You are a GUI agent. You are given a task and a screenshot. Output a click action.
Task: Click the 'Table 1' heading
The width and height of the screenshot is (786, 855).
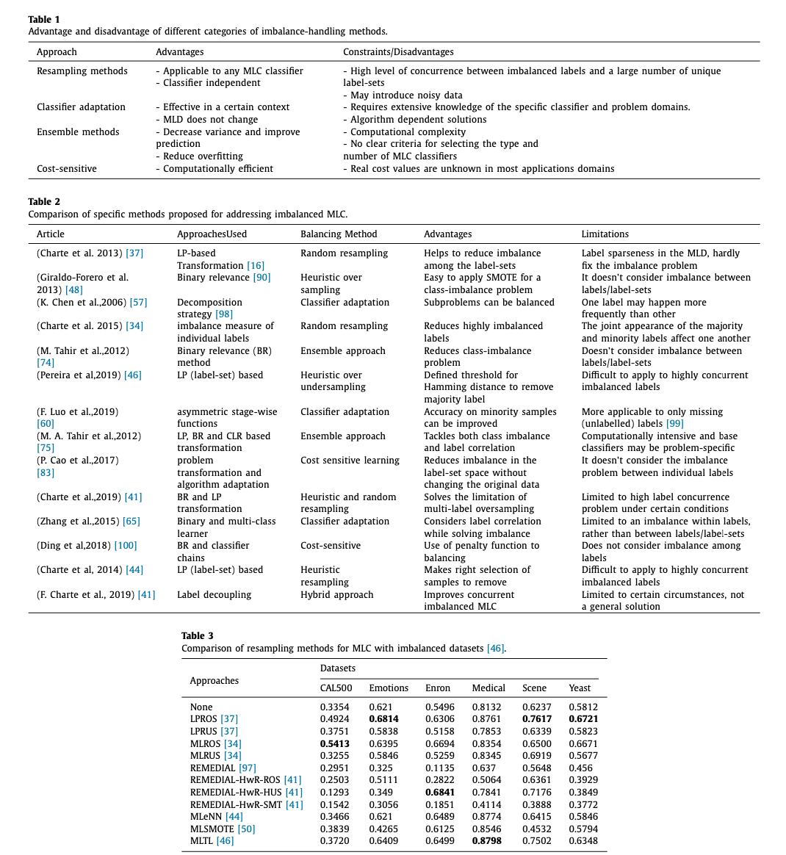point(44,19)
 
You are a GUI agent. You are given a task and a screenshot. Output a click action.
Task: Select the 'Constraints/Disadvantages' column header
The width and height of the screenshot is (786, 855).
point(398,52)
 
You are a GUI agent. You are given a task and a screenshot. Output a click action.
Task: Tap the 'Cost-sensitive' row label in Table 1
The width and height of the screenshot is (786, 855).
point(67,169)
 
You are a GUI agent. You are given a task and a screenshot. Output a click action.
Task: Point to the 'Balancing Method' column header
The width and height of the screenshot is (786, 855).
point(339,234)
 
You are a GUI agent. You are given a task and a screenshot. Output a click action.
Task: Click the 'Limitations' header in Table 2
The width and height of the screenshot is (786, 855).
point(605,234)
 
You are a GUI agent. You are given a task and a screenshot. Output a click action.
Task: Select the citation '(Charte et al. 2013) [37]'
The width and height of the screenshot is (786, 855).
point(90,253)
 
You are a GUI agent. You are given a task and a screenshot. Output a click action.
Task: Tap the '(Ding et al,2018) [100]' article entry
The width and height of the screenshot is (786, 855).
point(87,546)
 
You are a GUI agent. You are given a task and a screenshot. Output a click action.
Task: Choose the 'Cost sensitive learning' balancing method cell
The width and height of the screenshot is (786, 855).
point(350,461)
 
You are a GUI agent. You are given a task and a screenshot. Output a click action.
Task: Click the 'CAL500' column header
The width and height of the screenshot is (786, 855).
point(336,688)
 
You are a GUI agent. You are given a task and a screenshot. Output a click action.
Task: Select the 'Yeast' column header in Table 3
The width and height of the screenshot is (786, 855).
point(580,688)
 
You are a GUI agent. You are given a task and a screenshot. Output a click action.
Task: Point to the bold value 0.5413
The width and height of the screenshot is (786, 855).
point(334,744)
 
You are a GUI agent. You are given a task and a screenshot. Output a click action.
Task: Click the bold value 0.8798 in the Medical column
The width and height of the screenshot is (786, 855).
point(487,841)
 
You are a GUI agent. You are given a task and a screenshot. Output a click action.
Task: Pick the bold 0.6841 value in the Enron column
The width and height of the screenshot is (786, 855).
point(440,793)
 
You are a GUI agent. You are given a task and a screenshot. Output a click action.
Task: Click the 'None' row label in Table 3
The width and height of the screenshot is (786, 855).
point(201,707)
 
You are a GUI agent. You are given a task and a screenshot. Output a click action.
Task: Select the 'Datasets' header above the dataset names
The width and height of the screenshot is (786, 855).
point(338,668)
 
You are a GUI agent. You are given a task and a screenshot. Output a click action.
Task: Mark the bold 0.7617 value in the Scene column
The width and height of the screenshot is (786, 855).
point(537,719)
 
